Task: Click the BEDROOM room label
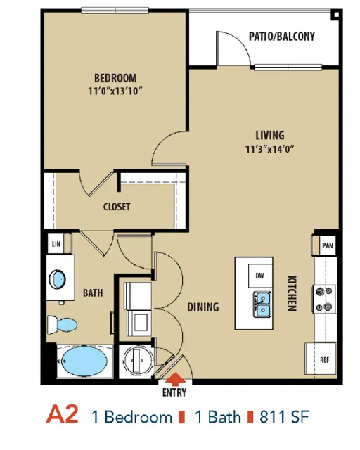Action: tap(115, 78)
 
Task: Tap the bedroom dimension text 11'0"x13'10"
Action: tap(115, 91)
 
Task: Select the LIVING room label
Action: tap(270, 135)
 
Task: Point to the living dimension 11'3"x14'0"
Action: tap(270, 149)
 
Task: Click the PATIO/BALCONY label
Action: tap(282, 37)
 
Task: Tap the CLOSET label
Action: tap(117, 207)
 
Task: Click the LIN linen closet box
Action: tap(56, 244)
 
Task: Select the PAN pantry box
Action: tap(328, 245)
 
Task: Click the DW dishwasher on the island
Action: tap(260, 276)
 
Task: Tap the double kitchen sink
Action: tap(262, 304)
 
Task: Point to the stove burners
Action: tap(325, 300)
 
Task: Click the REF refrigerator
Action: tap(321, 359)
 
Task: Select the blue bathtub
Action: tap(84, 361)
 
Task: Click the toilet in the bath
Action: tap(62, 325)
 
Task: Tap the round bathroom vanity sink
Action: tap(57, 279)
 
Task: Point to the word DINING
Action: tap(203, 307)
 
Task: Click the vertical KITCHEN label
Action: tap(292, 293)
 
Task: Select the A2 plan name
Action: tap(62, 414)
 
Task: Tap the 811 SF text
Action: tap(284, 417)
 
